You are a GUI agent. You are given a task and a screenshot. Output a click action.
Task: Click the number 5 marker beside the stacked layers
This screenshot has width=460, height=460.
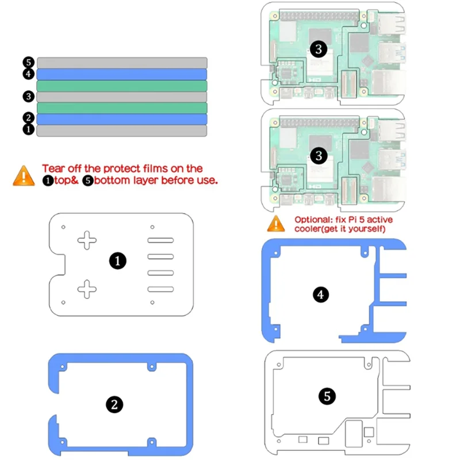pyautogui.click(x=28, y=63)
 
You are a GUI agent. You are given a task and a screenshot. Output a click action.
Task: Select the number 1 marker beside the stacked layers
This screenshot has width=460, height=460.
pyautogui.click(x=28, y=131)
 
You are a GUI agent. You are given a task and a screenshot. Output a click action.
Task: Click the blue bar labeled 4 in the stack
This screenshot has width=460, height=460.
pyautogui.click(x=121, y=74)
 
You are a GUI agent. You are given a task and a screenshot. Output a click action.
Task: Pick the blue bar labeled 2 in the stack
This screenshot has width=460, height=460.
pyautogui.click(x=121, y=119)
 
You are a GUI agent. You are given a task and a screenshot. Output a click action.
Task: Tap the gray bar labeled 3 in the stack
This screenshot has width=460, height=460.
pyautogui.click(x=121, y=97)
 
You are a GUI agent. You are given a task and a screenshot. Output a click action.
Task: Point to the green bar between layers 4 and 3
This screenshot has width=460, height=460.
pyautogui.click(x=121, y=86)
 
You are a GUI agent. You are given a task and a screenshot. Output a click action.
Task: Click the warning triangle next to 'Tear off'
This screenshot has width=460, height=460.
pyautogui.click(x=24, y=175)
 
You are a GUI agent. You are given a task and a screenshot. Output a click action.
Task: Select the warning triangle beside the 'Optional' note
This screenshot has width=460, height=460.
pyautogui.click(x=276, y=223)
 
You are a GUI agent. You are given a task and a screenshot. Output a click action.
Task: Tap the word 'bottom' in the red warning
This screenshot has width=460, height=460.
pyautogui.click(x=111, y=180)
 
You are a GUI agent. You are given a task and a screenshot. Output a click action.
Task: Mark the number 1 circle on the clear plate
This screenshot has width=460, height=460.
pyautogui.click(x=117, y=262)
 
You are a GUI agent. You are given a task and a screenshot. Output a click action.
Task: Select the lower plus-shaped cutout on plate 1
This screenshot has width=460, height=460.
pyautogui.click(x=87, y=288)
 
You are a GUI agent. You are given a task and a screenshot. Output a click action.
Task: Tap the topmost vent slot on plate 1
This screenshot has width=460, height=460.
pyautogui.click(x=161, y=241)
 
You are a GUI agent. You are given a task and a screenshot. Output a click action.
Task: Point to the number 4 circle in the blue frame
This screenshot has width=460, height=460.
pyautogui.click(x=321, y=295)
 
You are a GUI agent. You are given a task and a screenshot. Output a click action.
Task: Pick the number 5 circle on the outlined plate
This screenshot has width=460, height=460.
pyautogui.click(x=327, y=396)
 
